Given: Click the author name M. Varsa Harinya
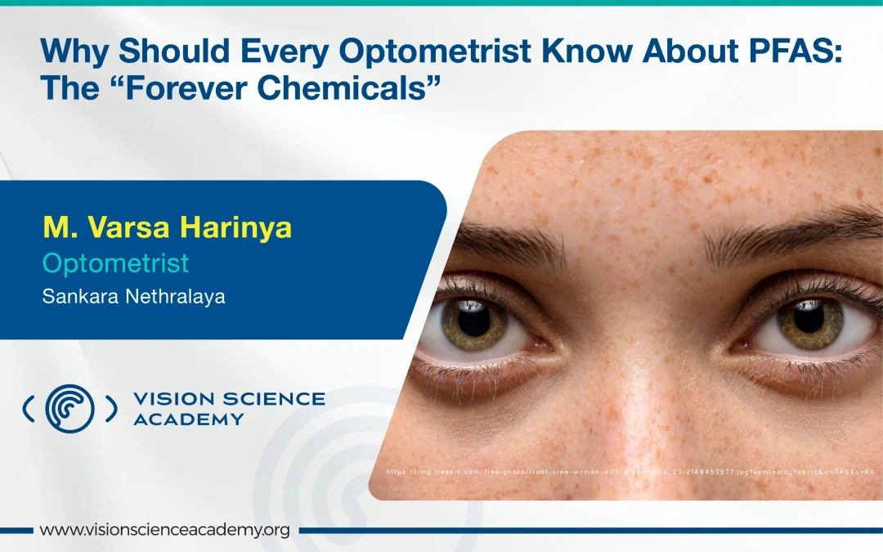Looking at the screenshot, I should coord(167,227).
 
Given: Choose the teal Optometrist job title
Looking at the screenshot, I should coord(115,263).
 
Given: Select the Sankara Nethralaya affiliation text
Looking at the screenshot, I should coord(133,296).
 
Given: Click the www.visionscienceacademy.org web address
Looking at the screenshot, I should coord(164,530).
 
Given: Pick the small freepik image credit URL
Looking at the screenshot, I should coord(630,472).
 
